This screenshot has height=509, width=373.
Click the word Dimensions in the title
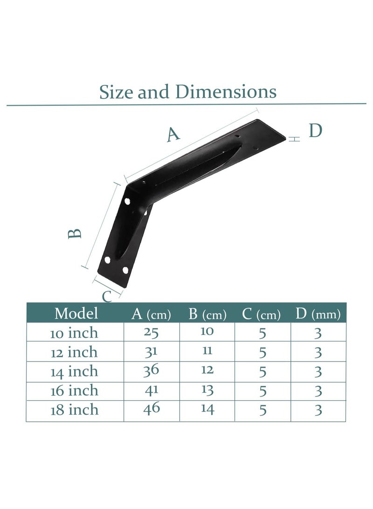pyautogui.click(x=226, y=91)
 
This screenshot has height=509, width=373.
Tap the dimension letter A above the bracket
pyautogui.click(x=173, y=134)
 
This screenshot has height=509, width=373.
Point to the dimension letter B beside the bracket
pyautogui.click(x=76, y=233)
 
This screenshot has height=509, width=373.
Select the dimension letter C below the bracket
pyautogui.click(x=107, y=296)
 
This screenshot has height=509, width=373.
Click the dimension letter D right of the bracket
pyautogui.click(x=316, y=131)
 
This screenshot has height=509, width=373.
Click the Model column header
pyautogui.click(x=76, y=313)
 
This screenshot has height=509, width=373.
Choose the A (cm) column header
pyautogui.click(x=151, y=314)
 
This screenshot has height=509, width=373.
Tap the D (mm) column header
pyautogui.click(x=318, y=314)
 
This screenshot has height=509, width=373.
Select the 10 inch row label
pyautogui.click(x=75, y=333)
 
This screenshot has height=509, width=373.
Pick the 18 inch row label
pyautogui.click(x=75, y=410)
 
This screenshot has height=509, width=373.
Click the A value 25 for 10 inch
pyautogui.click(x=152, y=332)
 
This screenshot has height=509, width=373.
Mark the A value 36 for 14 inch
pyautogui.click(x=152, y=370)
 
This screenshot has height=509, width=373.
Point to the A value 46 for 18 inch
pyautogui.click(x=152, y=409)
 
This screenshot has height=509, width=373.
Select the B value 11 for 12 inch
pyautogui.click(x=207, y=351)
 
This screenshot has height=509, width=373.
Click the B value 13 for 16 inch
pyautogui.click(x=207, y=390)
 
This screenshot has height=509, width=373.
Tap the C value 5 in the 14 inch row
pyautogui.click(x=262, y=371)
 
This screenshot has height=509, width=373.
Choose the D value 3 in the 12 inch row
pyautogui.click(x=318, y=352)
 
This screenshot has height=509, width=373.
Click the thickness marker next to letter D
pyautogui.click(x=294, y=139)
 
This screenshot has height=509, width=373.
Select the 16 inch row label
pyautogui.click(x=75, y=390)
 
